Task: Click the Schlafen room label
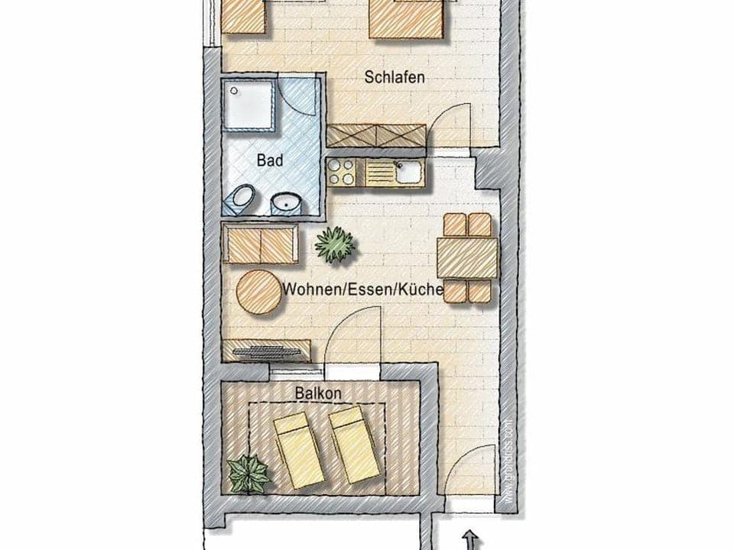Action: pyautogui.click(x=395, y=77)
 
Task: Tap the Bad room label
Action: pyautogui.click(x=270, y=161)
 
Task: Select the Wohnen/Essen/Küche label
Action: pyautogui.click(x=362, y=290)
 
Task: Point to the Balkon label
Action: pyautogui.click(x=318, y=393)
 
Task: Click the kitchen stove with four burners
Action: pyautogui.click(x=342, y=173)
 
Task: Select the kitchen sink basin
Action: pyautogui.click(x=408, y=172)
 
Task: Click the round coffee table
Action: pyautogui.click(x=259, y=293)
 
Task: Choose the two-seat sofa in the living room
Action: pyautogui.click(x=260, y=244)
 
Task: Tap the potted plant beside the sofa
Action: pyautogui.click(x=335, y=244)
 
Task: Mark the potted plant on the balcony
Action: pyautogui.click(x=249, y=474)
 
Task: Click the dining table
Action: pyautogui.click(x=468, y=258)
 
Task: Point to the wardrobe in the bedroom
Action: pyautogui.click(x=376, y=135)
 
